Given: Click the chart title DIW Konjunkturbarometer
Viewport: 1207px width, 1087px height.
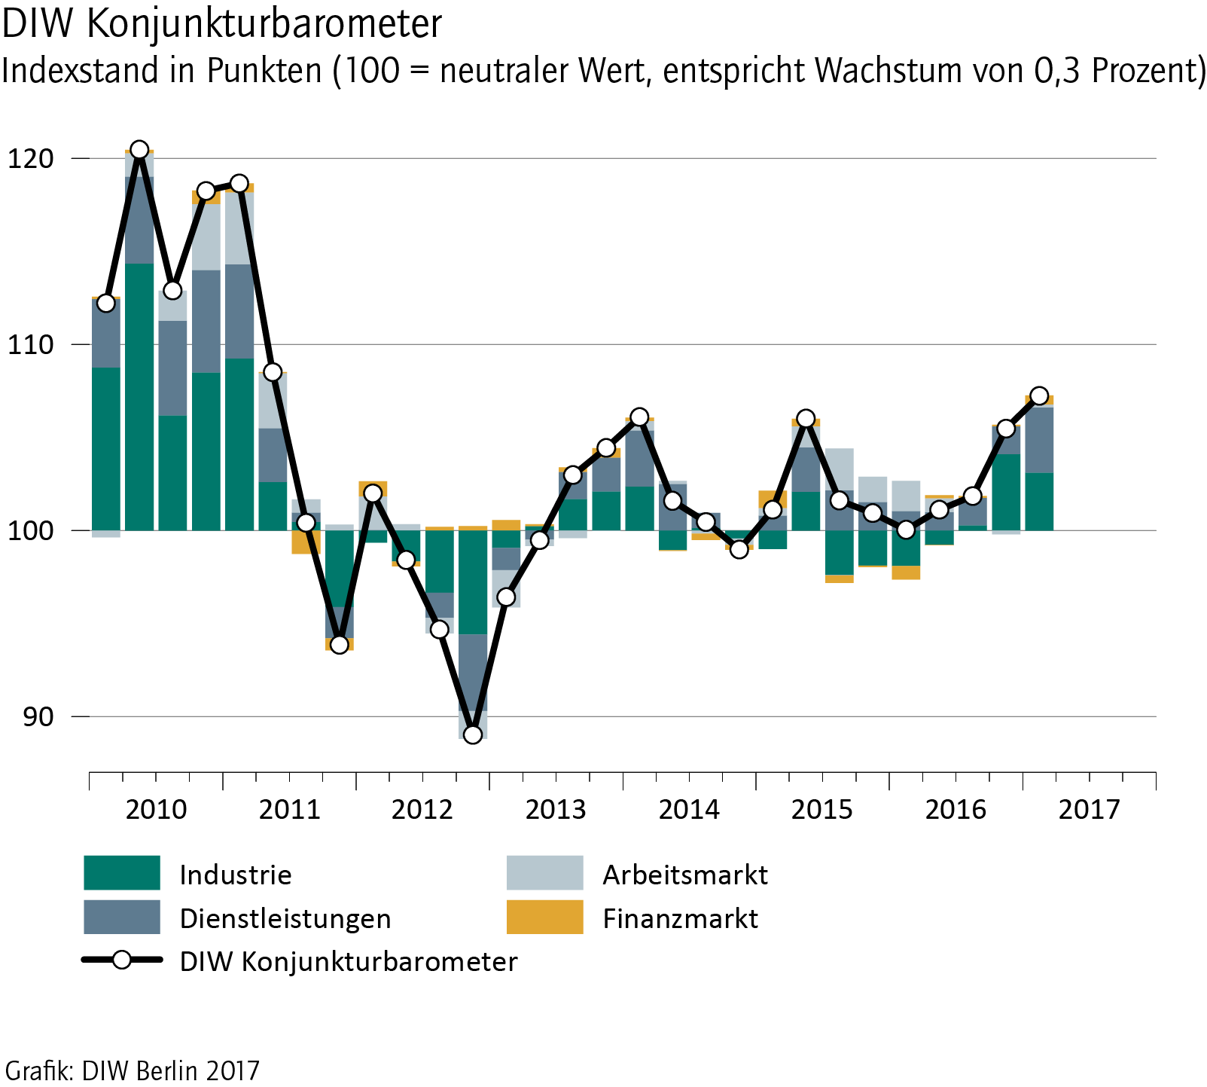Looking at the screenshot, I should click(x=222, y=24).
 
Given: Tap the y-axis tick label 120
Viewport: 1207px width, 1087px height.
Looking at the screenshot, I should click(x=32, y=158).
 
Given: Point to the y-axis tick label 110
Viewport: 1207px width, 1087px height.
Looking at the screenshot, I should click(x=32, y=344).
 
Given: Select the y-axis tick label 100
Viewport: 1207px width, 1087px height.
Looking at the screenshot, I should click(x=32, y=530).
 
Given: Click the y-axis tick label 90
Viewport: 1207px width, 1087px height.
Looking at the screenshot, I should click(x=38, y=716).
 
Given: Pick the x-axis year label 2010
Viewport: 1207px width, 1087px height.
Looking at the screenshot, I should click(x=156, y=810).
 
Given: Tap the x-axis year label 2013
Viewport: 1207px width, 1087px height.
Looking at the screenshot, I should click(x=556, y=810).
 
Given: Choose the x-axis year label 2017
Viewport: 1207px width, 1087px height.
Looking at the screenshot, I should click(x=1089, y=810).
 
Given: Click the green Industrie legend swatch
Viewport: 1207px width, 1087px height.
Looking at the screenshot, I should click(x=122, y=873).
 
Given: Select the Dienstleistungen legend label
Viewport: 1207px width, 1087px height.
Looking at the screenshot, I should click(x=285, y=918).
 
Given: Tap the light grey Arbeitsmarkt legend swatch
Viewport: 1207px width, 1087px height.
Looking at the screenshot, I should click(x=544, y=873).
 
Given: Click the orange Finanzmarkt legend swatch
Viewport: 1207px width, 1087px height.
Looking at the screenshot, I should click(x=544, y=917).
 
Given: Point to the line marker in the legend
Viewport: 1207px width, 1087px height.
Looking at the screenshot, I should click(x=121, y=960).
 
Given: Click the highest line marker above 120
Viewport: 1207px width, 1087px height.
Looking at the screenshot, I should click(x=139, y=150).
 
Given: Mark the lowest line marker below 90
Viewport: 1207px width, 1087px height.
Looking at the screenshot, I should click(x=473, y=734).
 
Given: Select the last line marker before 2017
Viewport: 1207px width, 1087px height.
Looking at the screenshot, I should click(x=1039, y=395).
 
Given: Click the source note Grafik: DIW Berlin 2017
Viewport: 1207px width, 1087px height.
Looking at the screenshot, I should click(x=133, y=1070).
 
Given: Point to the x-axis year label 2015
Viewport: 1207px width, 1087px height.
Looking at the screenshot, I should click(x=821, y=810).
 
